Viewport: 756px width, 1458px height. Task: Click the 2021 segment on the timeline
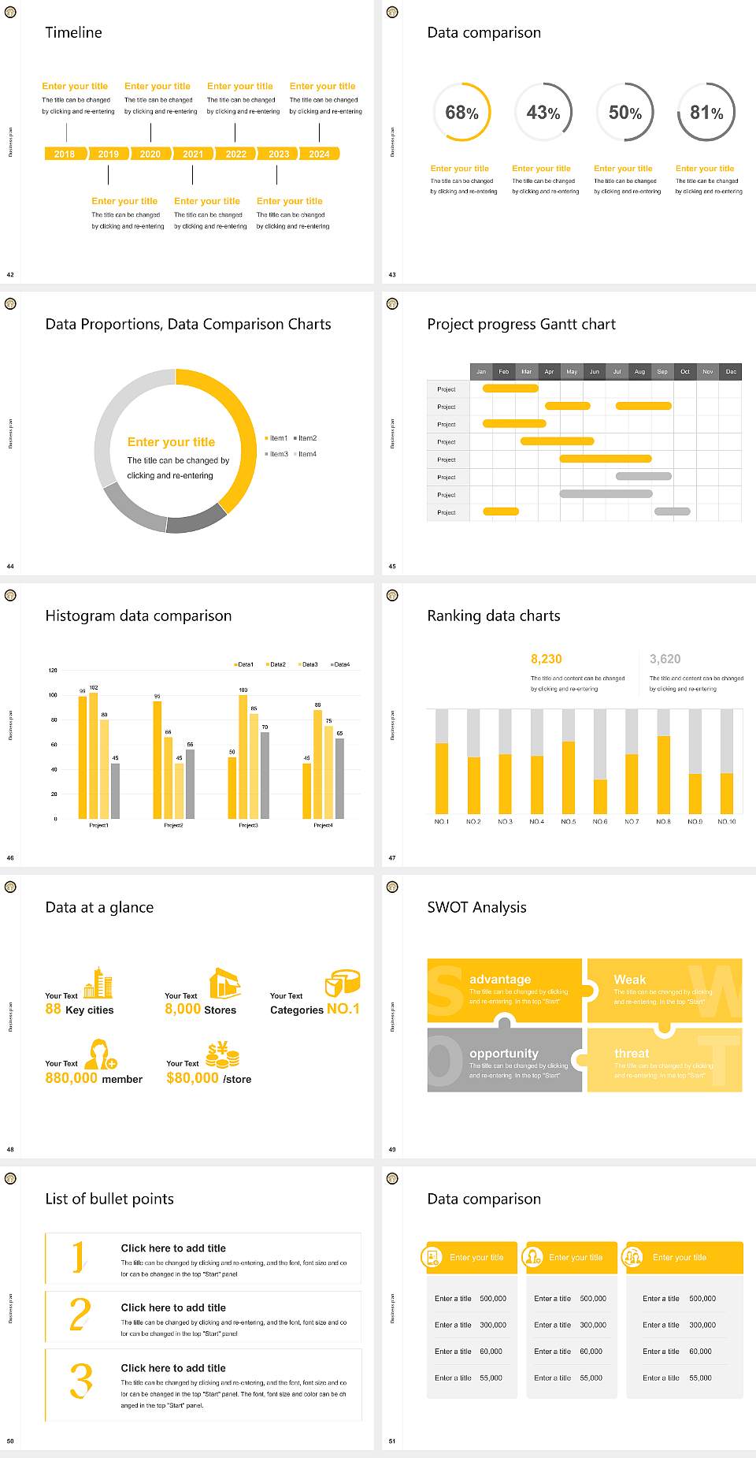click(193, 154)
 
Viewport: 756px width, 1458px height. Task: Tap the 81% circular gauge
click(706, 113)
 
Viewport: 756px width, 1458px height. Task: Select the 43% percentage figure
click(543, 113)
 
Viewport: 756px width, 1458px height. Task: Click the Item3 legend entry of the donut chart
click(276, 454)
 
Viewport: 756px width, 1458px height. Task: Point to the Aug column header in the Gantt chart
click(639, 371)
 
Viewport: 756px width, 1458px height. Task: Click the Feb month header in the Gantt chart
click(504, 371)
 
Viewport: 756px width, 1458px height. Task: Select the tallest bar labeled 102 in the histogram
click(94, 753)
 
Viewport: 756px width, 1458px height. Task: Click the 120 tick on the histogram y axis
click(53, 671)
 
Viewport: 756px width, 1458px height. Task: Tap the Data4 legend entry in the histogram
click(340, 664)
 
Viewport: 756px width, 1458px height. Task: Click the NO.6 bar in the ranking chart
click(600, 796)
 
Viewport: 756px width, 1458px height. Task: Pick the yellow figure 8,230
click(546, 659)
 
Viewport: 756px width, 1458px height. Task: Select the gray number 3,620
click(665, 659)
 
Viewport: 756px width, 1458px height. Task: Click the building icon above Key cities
click(98, 983)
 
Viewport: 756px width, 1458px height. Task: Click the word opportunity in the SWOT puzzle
click(504, 1053)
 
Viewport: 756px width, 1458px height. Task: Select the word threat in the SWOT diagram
click(632, 1053)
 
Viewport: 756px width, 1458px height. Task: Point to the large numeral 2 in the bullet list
click(80, 1315)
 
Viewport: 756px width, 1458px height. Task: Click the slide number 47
click(392, 857)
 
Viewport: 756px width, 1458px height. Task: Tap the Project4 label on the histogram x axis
click(323, 825)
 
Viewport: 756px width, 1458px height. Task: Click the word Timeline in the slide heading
click(73, 32)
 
